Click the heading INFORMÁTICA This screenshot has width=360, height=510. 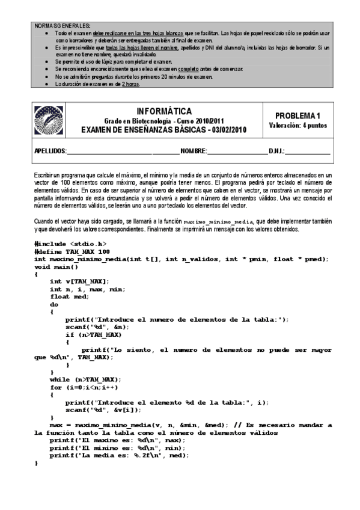pos(165,111)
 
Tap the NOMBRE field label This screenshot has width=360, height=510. pos(194,150)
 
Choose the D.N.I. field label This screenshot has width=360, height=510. pos(276,150)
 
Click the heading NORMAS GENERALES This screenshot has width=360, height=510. pos(62,26)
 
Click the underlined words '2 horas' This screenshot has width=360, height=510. pos(130,84)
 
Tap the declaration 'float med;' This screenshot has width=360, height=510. pos(69,296)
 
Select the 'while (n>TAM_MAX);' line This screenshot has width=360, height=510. pos(85,379)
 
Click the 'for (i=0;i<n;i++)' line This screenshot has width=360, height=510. pos(84,387)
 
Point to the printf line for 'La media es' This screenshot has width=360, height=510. pos(119,456)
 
